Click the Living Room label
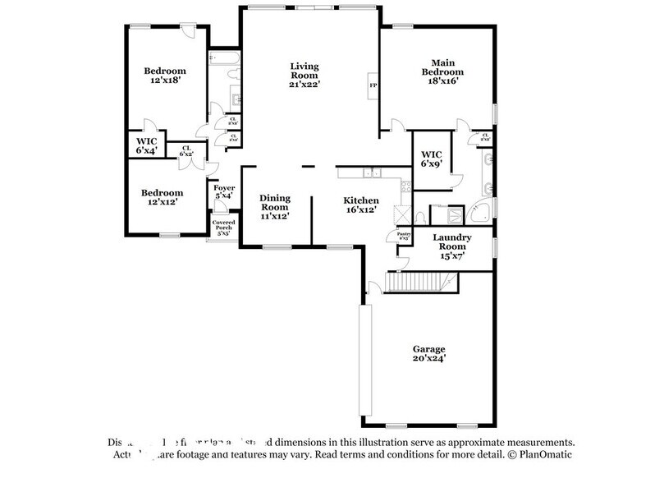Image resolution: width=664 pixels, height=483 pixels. coord(305,74)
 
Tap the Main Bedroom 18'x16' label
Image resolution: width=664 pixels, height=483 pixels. coord(437,71)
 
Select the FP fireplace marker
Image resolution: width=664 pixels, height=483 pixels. coord(373,85)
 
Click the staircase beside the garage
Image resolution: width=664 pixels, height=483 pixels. coord(421,283)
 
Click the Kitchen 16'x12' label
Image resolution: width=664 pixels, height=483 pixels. coord(360,205)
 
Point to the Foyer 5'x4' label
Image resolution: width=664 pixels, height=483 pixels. coord(223,192)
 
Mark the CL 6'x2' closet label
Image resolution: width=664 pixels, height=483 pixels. coord(186,151)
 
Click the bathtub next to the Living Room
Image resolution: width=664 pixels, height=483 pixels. coord(223,58)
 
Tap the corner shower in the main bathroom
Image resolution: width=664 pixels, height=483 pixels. coord(485,209)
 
